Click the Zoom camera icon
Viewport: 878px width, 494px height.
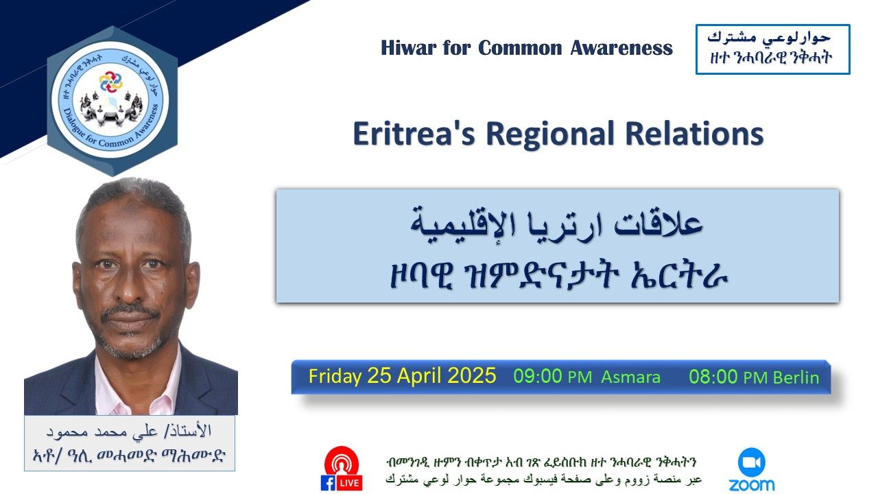tap(751, 462)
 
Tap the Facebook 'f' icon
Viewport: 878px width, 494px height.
tap(328, 482)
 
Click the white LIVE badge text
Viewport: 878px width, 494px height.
tap(348, 483)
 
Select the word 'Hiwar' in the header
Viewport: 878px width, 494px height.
tap(409, 48)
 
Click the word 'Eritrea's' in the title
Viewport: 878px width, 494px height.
tap(414, 134)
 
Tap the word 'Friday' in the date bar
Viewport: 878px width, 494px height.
tap(335, 377)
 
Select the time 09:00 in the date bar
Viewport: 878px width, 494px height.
tap(538, 376)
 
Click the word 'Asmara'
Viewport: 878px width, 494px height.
tap(630, 377)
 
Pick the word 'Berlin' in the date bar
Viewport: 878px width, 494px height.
tap(796, 378)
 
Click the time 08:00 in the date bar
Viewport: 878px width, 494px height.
tap(713, 377)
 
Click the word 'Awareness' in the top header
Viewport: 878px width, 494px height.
tap(621, 48)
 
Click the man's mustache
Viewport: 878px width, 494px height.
tap(130, 311)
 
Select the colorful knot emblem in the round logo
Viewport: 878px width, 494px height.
tap(110, 82)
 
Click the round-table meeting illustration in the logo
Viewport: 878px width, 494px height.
tap(110, 107)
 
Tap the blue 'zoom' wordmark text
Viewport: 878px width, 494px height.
tap(751, 484)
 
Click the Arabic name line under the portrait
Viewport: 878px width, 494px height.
tap(130, 432)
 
